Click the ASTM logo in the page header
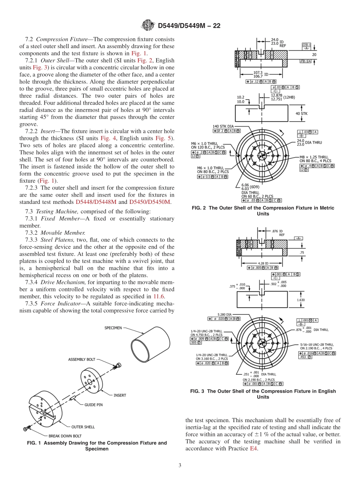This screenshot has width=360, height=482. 148,26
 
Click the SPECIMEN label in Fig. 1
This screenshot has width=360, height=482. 113,328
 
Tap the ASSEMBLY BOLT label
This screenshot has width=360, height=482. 81,359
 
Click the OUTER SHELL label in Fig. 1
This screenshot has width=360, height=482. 83,427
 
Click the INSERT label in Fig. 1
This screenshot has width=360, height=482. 120,395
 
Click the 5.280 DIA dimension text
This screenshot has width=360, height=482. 224,314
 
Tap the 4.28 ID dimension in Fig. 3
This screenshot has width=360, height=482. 264,263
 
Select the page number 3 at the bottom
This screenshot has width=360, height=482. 180,466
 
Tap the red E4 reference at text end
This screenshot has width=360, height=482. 254,448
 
